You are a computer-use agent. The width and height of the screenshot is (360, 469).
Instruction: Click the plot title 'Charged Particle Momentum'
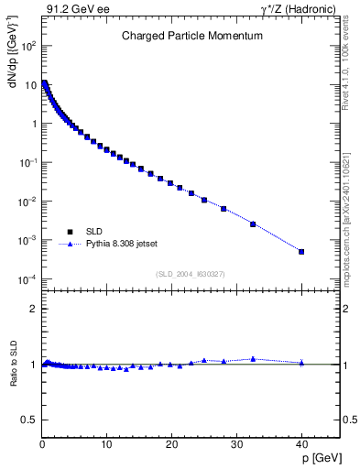pyautogui.click(x=192, y=37)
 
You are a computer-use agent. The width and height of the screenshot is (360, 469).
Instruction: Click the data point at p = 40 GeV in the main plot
pyautogui.click(x=301, y=252)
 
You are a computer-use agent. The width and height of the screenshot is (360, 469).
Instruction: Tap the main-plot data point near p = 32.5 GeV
pyautogui.click(x=253, y=224)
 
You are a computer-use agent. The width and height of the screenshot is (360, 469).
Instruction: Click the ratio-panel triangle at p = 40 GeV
pyautogui.click(x=301, y=362)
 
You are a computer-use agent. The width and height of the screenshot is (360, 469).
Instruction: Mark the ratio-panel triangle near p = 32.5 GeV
pyautogui.click(x=253, y=359)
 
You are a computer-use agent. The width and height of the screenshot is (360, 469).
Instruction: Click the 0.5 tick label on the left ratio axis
pyautogui.click(x=29, y=420)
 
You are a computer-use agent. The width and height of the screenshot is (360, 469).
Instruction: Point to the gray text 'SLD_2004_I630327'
pyautogui.click(x=191, y=274)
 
